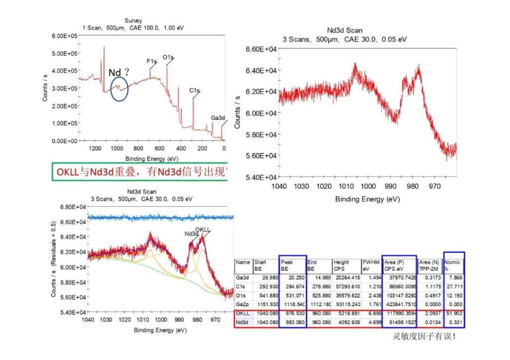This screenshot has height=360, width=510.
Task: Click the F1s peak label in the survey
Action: pyautogui.click(x=151, y=61)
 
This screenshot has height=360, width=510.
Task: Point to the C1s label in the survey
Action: pyautogui.click(x=194, y=91)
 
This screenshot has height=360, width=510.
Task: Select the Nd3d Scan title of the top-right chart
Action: pyautogui.click(x=348, y=30)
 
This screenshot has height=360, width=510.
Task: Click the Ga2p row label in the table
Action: pyautogui.click(x=243, y=304)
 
